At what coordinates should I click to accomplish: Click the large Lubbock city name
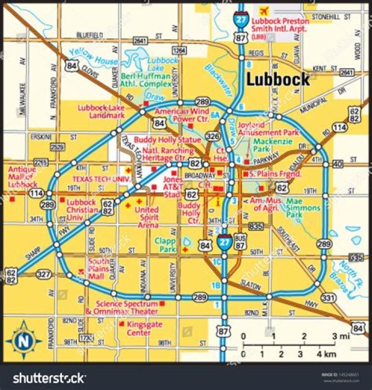click(x=278, y=79)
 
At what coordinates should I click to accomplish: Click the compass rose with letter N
click(x=23, y=340)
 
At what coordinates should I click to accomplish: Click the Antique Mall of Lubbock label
click(x=22, y=177)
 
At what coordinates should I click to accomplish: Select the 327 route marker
click(x=44, y=275)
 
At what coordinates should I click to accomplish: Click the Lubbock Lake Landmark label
click(x=101, y=112)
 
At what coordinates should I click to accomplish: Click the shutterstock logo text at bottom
click(x=49, y=378)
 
